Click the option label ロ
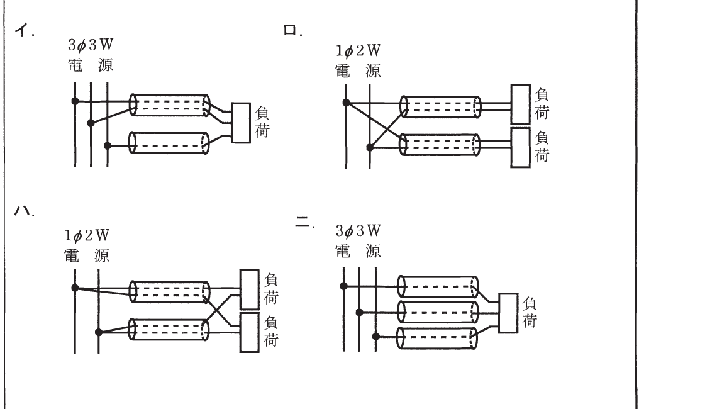(x=291, y=31)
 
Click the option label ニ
(x=303, y=222)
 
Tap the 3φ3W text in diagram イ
(x=91, y=45)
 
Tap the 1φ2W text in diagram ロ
(x=358, y=51)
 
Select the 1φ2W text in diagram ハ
(x=87, y=235)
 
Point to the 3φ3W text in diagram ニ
(x=358, y=230)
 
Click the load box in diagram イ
(x=240, y=123)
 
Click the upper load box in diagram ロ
(x=520, y=104)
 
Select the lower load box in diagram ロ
(x=520, y=147)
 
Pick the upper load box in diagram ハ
(x=249, y=289)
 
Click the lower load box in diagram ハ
(x=249, y=333)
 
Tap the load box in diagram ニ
(x=508, y=313)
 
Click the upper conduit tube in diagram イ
(x=169, y=104)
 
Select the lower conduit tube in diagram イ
(x=169, y=143)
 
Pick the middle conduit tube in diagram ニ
(x=438, y=312)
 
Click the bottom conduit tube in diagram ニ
(x=438, y=338)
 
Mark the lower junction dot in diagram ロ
(x=370, y=148)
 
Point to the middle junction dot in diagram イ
(x=91, y=123)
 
